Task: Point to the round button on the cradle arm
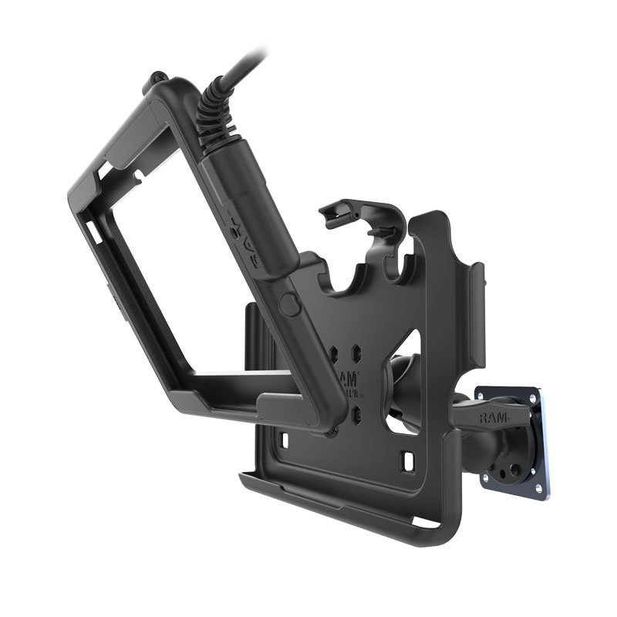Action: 289,302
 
